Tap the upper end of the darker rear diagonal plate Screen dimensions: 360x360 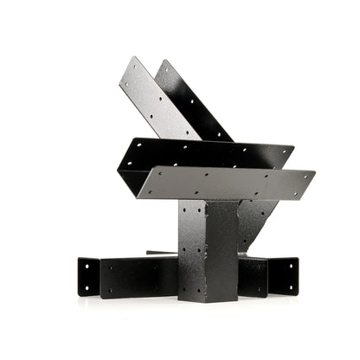[x=163, y=63]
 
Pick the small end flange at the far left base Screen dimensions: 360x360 [x=88, y=276]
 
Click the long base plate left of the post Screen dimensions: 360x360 [x=138, y=278]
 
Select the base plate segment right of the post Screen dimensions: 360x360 [x=253, y=276]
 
